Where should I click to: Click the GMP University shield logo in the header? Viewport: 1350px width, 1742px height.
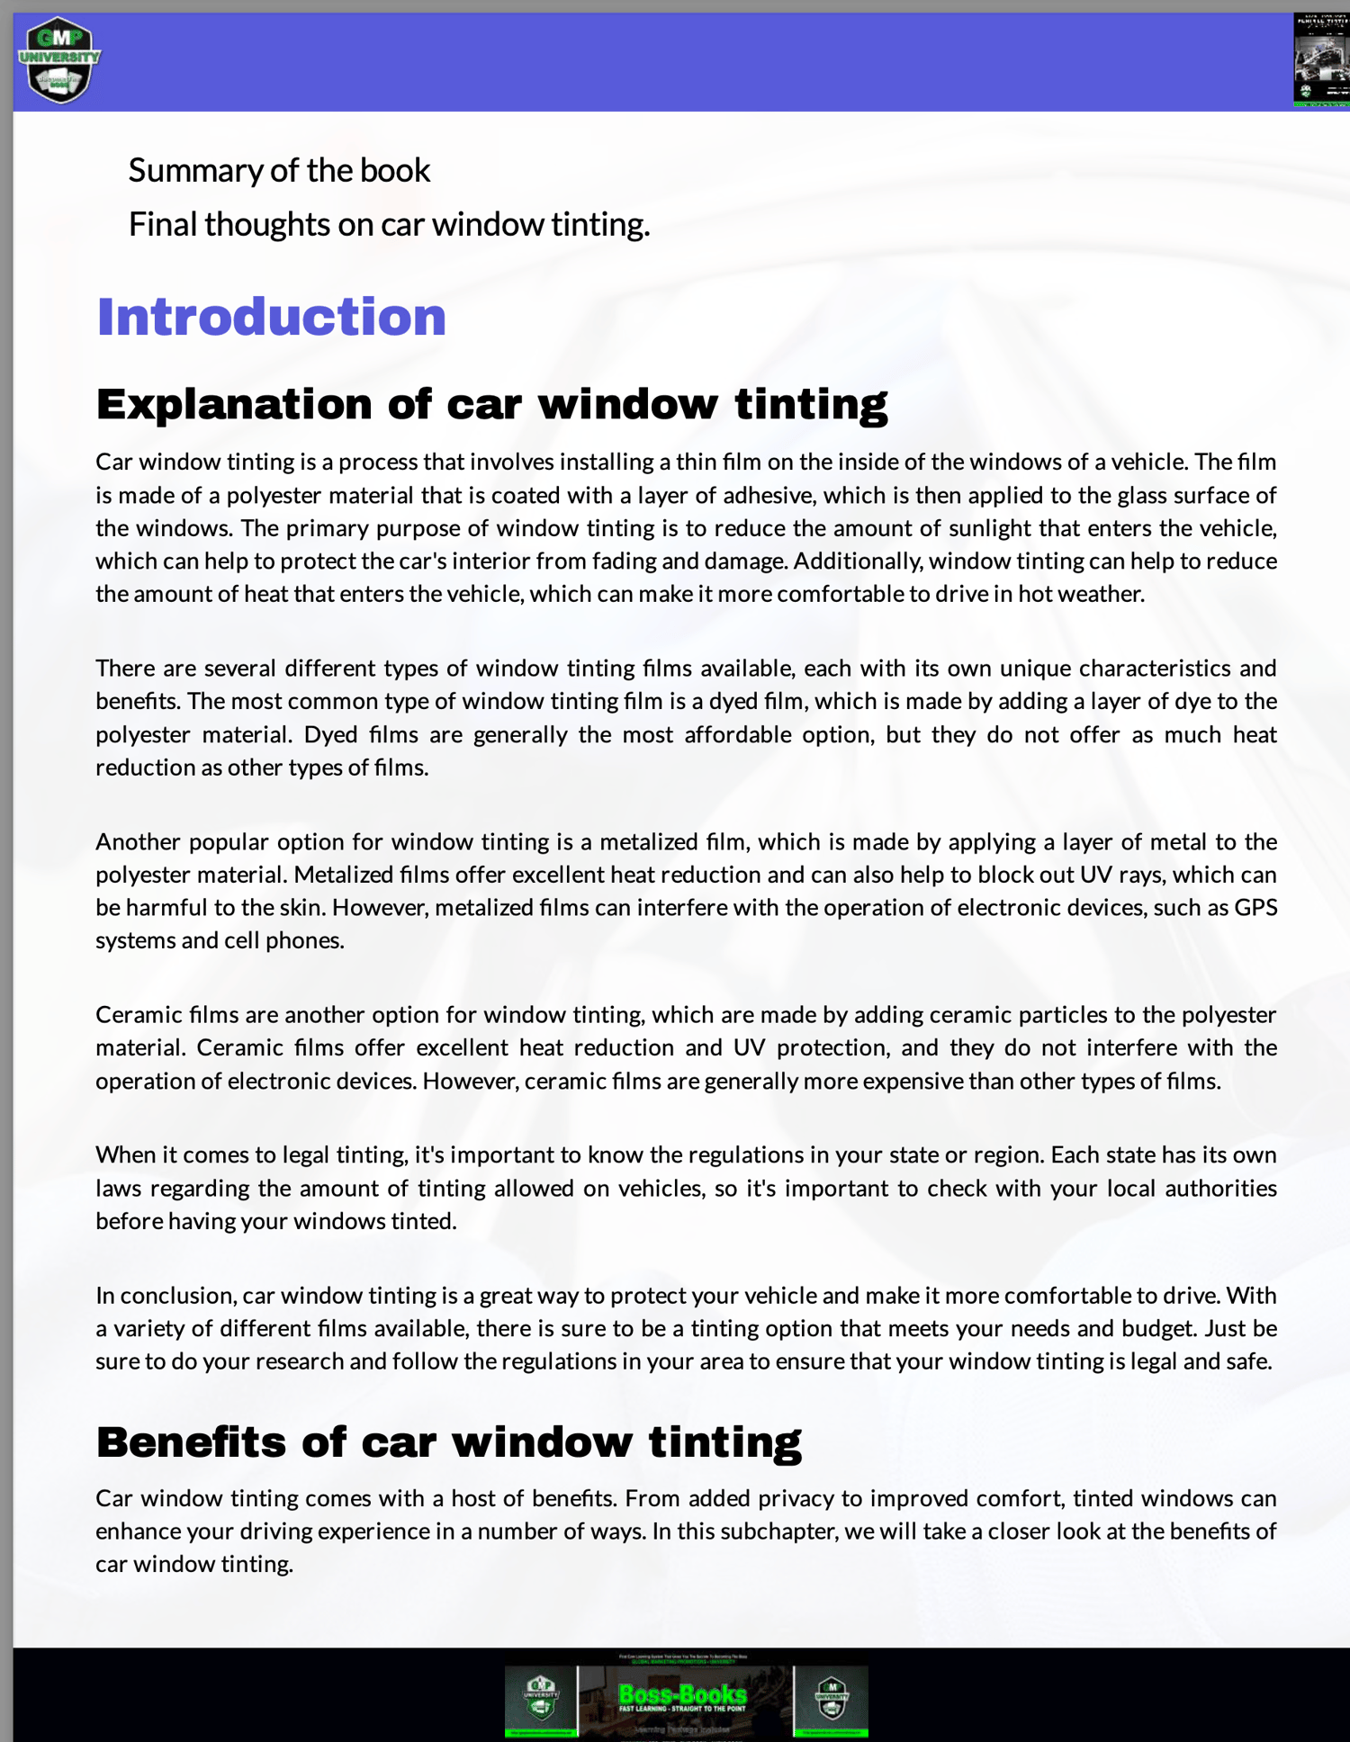tap(59, 60)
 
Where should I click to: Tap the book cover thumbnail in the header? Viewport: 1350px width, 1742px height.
tap(1321, 60)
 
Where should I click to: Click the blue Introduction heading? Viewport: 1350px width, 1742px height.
tap(271, 317)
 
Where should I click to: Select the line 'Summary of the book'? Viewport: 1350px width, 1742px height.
tap(279, 170)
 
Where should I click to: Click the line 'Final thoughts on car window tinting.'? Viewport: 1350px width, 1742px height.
tap(389, 224)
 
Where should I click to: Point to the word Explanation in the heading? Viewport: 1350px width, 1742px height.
tap(233, 404)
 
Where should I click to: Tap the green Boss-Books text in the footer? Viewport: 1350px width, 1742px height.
tap(682, 1695)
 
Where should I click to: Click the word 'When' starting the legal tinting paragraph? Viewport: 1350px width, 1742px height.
tap(125, 1154)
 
